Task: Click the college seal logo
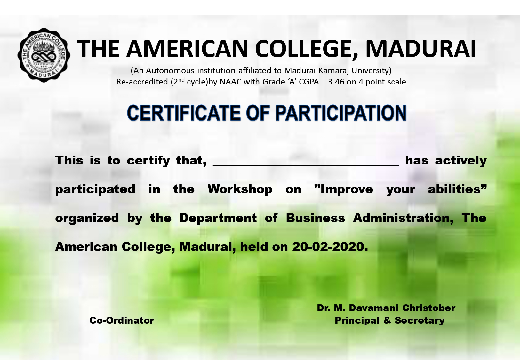44,55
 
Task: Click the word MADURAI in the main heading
421,49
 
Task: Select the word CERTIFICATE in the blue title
184,113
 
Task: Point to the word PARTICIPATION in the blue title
341,113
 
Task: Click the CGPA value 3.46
336,82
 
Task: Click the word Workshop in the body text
240,189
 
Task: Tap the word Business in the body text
316,218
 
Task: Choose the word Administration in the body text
403,218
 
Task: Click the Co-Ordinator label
122,320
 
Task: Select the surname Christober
429,308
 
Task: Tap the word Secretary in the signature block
420,321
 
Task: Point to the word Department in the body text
218,218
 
